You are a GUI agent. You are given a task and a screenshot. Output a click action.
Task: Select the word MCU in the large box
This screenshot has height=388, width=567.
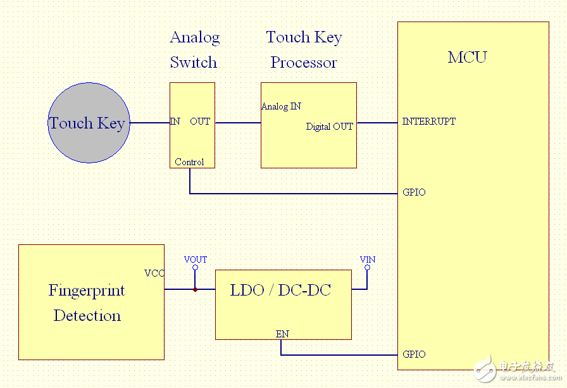pyautogui.click(x=467, y=58)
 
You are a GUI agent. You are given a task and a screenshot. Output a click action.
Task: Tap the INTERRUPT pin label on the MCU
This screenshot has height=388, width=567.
pyautogui.click(x=428, y=122)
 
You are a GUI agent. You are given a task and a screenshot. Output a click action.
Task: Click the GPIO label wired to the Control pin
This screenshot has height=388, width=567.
pyautogui.click(x=414, y=192)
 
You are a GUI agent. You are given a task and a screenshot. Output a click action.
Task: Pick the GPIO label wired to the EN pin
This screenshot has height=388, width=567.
pyautogui.click(x=414, y=354)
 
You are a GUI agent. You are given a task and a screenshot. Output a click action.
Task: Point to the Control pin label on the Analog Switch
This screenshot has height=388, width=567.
pyautogui.click(x=189, y=162)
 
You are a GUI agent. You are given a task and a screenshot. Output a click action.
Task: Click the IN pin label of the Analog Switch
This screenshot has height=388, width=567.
pyautogui.click(x=175, y=122)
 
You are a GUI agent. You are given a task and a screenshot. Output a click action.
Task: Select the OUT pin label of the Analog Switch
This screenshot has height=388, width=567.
pyautogui.click(x=200, y=122)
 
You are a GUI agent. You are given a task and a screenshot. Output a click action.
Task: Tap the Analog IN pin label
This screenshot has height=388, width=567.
pyautogui.click(x=281, y=106)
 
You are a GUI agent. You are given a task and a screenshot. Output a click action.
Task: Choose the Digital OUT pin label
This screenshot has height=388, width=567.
pyautogui.click(x=329, y=127)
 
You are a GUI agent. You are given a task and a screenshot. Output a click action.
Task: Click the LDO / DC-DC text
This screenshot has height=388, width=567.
pyautogui.click(x=280, y=291)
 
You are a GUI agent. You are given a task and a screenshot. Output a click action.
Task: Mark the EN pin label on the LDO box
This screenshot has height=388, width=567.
pyautogui.click(x=282, y=334)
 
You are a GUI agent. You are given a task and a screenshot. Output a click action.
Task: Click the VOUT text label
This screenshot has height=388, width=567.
pyautogui.click(x=195, y=260)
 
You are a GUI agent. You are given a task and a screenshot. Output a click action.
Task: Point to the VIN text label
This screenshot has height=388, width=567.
pyautogui.click(x=367, y=260)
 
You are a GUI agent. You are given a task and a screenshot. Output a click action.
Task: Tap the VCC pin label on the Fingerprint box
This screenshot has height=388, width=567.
pyautogui.click(x=154, y=273)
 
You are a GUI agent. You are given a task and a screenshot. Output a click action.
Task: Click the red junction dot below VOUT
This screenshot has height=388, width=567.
pyautogui.click(x=195, y=289)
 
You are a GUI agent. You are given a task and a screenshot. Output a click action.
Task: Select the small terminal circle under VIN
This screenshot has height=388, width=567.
pyautogui.click(x=367, y=268)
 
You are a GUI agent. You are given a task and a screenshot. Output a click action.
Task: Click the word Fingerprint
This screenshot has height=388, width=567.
pyautogui.click(x=87, y=291)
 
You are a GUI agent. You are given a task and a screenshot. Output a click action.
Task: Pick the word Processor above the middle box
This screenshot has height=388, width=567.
pyautogui.click(x=304, y=63)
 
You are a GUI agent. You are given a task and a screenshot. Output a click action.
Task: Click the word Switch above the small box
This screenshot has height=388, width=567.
pyautogui.click(x=193, y=63)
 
